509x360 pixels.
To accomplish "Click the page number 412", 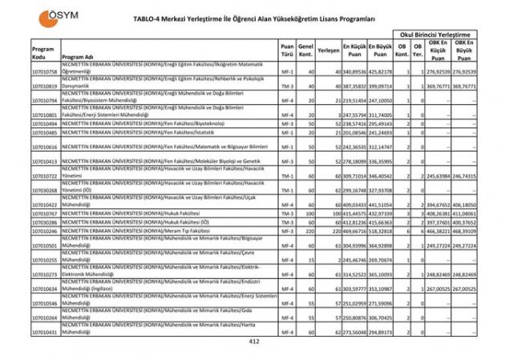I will (x=255, y=342).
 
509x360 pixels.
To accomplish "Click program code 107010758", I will (x=46, y=71).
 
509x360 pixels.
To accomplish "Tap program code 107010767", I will (x=46, y=214).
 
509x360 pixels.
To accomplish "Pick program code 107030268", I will (x=46, y=191).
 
